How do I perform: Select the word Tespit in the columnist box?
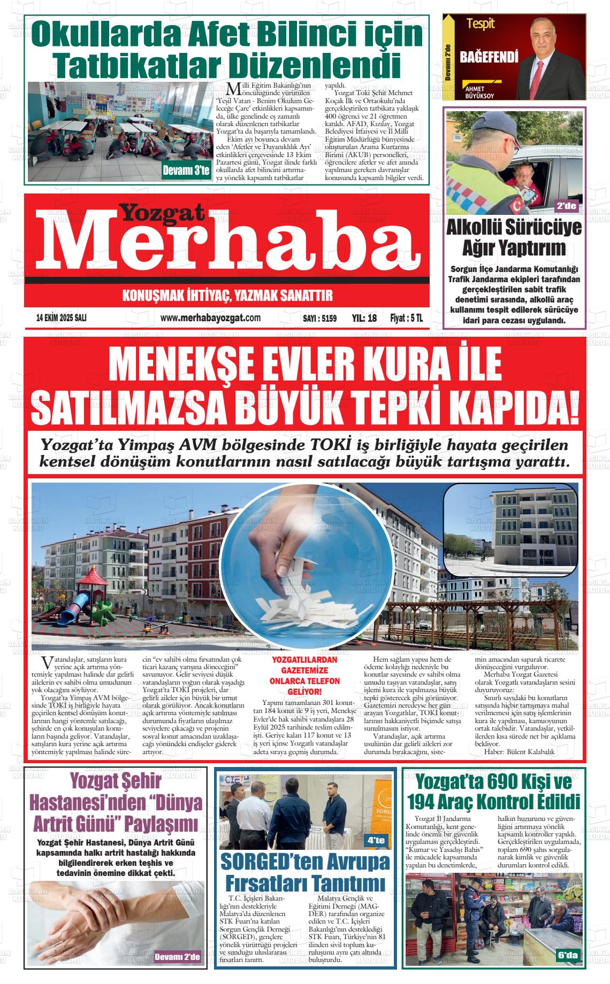481,24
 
